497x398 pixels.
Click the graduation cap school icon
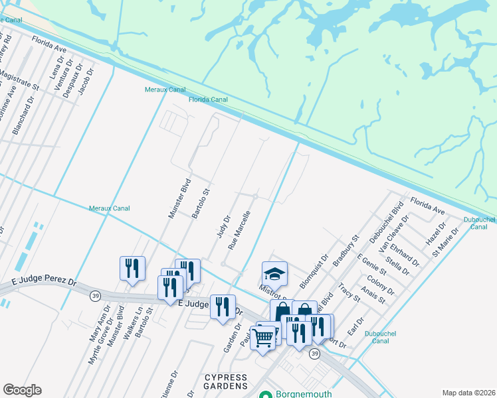274,273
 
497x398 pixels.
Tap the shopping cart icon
263,339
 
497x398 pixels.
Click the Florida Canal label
208,99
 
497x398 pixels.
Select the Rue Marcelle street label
239,230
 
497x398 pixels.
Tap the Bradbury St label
346,250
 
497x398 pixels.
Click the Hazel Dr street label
435,233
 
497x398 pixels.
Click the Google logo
22,390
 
